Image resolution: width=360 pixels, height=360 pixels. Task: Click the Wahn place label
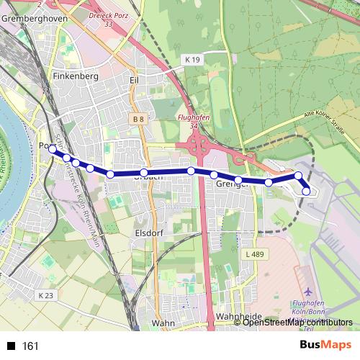coord(164,323)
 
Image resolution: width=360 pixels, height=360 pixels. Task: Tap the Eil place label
coord(133,80)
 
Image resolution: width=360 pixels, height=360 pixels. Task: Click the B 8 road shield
coord(139,117)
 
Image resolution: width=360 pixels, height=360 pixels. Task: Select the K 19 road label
coord(192,60)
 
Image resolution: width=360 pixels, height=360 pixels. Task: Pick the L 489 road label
coord(256,255)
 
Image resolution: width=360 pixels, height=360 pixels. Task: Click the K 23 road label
coord(45,295)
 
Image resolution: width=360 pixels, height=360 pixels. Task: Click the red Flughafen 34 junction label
coord(192,120)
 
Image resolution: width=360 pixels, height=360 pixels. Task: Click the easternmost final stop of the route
coord(306,191)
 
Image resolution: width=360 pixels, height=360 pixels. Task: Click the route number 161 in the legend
coord(30,346)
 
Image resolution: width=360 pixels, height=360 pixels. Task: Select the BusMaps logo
coord(325,345)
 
